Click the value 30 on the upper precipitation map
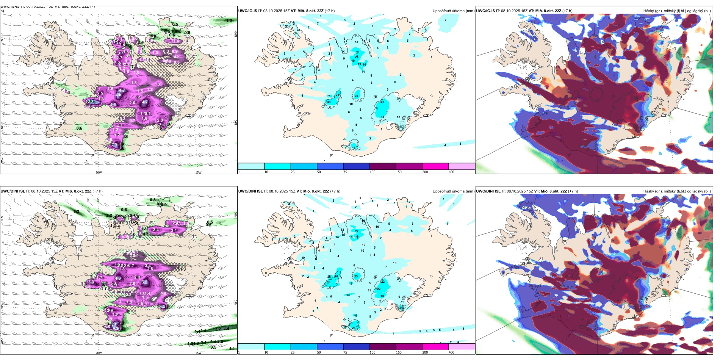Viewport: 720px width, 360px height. point(329,102)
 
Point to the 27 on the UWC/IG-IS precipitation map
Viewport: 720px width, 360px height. point(382,102)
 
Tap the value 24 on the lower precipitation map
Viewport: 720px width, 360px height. point(329,282)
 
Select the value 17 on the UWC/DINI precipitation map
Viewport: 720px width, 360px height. point(351,283)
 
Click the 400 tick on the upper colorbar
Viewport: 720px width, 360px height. point(451,172)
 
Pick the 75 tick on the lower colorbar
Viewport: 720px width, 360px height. point(345,352)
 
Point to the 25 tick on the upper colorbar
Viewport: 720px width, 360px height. point(293,172)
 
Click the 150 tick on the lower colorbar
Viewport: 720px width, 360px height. point(399,352)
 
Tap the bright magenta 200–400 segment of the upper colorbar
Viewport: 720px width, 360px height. point(435,166)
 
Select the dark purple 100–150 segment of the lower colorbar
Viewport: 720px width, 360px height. point(383,347)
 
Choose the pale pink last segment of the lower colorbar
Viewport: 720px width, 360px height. point(462,347)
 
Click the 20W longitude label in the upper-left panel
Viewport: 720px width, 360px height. point(99,172)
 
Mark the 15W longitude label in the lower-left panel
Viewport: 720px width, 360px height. point(198,353)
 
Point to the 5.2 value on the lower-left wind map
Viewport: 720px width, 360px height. point(144,282)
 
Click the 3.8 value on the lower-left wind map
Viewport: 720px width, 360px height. point(91,282)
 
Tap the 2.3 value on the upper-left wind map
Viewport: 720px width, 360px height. point(91,102)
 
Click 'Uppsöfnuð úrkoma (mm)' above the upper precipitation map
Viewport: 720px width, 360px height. point(453,11)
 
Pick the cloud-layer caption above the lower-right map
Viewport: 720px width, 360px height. point(677,191)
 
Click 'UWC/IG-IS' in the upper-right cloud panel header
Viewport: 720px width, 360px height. point(485,11)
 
